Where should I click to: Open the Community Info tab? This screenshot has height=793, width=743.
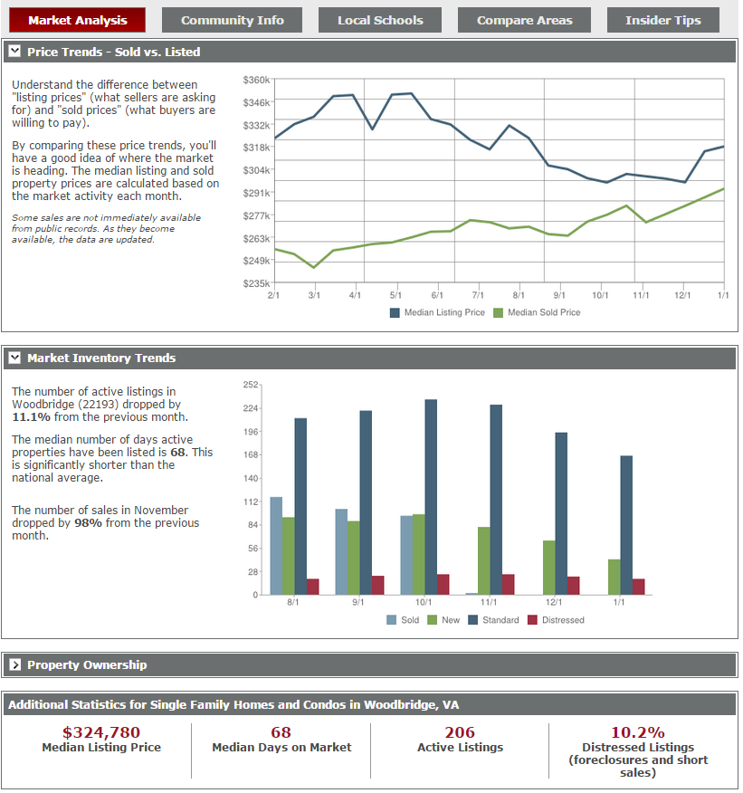coord(232,20)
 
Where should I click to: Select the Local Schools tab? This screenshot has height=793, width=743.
coord(380,20)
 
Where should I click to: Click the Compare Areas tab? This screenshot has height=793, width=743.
coord(524,20)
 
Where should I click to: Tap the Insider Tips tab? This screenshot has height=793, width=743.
coord(663,20)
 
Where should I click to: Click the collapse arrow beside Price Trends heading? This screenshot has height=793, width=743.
coord(14,51)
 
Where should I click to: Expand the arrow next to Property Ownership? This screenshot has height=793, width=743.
coord(15,664)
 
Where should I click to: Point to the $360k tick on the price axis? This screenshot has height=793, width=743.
coord(256,80)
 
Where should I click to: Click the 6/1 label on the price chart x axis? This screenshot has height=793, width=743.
coord(437,295)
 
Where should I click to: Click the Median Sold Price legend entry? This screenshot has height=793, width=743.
coord(537,312)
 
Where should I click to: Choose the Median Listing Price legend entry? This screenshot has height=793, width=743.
coord(437,312)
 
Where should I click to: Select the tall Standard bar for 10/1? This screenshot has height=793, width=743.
coord(431,497)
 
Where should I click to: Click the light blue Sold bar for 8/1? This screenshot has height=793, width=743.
coord(277,546)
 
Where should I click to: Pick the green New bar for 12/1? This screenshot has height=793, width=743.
coord(549,568)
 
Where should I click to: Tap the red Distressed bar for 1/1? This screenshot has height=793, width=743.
coord(639,587)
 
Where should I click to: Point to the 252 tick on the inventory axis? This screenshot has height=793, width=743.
coord(251,385)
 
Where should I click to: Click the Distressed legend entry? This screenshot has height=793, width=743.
coord(556,620)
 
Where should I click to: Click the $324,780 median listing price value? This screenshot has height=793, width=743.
coord(101,732)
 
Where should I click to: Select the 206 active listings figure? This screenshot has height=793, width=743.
coord(460,732)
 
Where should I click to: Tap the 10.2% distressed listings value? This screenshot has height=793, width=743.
coord(638,732)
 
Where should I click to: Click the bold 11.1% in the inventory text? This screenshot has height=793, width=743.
coord(32,417)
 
